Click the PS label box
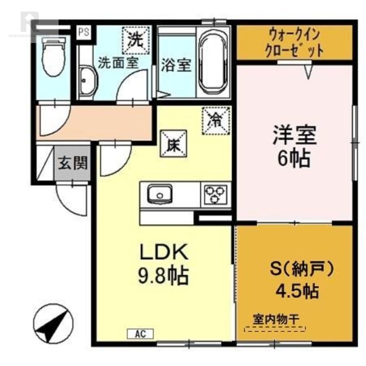coord(83,32)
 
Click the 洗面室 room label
coord(118,63)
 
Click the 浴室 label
coord(176,65)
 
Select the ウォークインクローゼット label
coord(295,43)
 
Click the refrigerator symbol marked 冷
coord(215,120)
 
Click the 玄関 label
coord(73,162)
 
